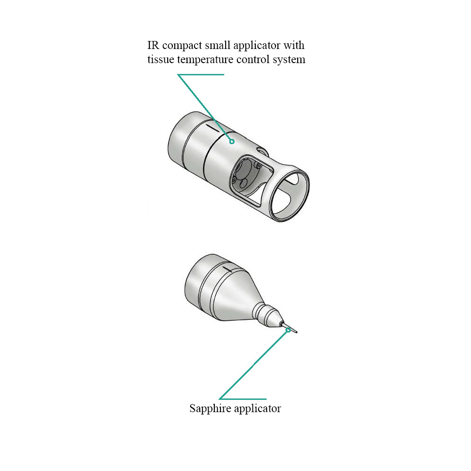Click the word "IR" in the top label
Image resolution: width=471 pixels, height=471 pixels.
[153, 45]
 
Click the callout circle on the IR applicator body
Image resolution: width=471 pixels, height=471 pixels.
[232, 141]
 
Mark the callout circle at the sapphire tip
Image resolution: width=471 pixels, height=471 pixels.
[288, 330]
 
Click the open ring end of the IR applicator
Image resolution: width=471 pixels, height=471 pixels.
[290, 194]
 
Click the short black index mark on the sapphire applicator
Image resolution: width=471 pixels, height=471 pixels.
[227, 268]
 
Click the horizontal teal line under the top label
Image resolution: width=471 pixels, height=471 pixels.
[201, 74]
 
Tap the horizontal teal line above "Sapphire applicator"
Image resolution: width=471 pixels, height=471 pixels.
[243, 399]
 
